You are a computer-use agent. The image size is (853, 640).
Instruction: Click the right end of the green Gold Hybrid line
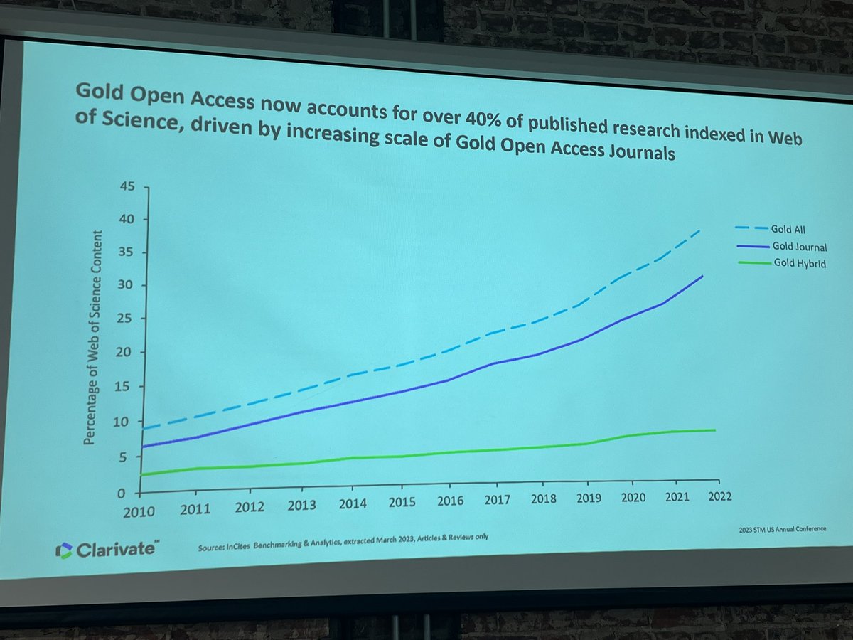click(x=714, y=430)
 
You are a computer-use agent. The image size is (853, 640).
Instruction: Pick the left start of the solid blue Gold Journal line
click(x=144, y=447)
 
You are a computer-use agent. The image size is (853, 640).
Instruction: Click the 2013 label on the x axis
click(x=302, y=505)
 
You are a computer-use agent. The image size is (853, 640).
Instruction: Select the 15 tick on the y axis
click(x=124, y=387)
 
